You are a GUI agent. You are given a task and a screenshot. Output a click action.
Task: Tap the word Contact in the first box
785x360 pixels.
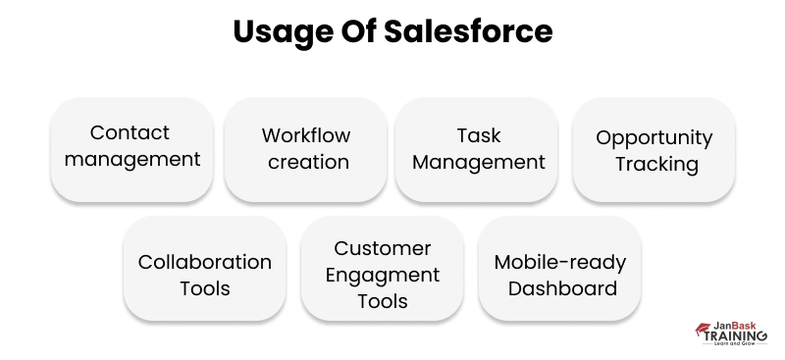(131, 132)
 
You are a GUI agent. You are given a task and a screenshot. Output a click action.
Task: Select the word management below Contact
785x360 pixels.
(131, 158)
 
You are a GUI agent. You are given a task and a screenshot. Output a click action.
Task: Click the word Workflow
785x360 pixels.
(306, 134)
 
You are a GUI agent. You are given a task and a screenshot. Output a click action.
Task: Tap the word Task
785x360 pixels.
(478, 134)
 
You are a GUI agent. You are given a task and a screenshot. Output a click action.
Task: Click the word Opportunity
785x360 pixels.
(654, 137)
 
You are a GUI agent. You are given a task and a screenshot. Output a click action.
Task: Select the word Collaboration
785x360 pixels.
(204, 262)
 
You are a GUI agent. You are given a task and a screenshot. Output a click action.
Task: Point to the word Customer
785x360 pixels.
(382, 249)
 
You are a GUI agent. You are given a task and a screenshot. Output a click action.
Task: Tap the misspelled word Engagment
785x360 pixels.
(382, 276)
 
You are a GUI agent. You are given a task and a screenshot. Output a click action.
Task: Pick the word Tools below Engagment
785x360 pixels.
(382, 301)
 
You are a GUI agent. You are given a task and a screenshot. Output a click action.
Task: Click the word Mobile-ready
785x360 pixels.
(560, 262)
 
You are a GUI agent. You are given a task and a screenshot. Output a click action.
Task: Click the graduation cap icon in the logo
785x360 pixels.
(704, 329)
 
